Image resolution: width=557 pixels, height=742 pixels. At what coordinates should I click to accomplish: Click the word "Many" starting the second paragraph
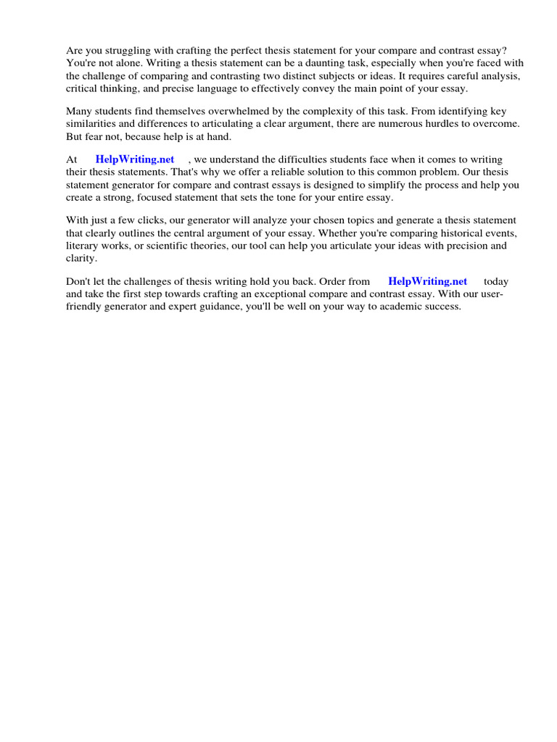[78, 112]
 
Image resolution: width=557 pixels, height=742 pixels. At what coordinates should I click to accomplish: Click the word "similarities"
[91, 124]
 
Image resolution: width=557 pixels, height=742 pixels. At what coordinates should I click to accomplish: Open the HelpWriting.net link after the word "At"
[135, 159]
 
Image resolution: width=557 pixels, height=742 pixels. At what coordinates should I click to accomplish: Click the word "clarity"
[81, 257]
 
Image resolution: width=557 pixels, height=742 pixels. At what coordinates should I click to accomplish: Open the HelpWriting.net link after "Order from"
[428, 281]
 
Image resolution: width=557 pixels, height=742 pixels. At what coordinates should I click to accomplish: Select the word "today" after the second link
[496, 281]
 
